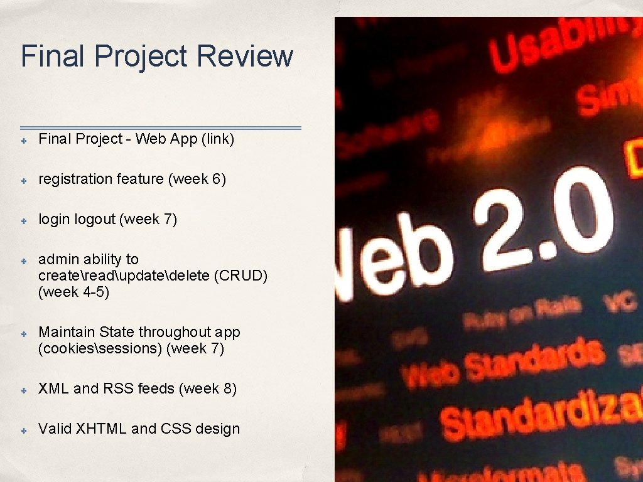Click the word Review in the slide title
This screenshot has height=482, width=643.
click(244, 56)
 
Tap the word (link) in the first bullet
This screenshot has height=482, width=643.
click(217, 139)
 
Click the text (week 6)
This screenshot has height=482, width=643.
click(197, 179)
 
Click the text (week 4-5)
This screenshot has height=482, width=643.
click(73, 292)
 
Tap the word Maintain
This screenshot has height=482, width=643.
click(67, 332)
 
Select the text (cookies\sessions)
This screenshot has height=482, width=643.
click(100, 348)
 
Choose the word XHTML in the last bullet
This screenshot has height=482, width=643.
click(101, 429)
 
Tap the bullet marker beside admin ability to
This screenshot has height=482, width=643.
click(22, 260)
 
